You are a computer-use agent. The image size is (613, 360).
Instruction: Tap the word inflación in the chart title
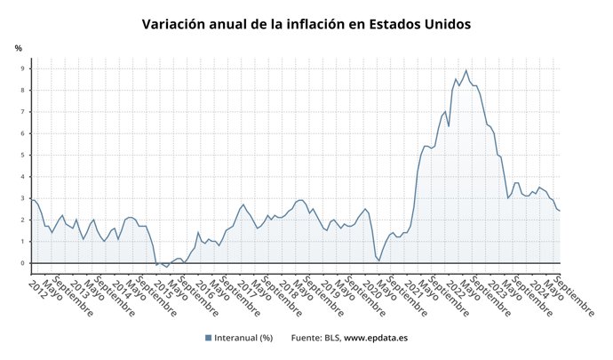pos(319,24)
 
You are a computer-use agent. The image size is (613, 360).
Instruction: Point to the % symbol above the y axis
pos(18,48)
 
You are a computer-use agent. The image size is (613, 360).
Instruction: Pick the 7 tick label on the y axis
pos(24,112)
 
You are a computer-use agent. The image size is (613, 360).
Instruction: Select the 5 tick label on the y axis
pos(24,156)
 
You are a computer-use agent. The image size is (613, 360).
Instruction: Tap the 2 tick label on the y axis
pos(24,220)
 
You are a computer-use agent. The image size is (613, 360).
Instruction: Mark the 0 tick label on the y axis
pos(24,263)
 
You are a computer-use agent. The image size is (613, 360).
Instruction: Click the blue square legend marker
pos(208,338)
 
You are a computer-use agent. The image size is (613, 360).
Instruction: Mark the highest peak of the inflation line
pos(466,70)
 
